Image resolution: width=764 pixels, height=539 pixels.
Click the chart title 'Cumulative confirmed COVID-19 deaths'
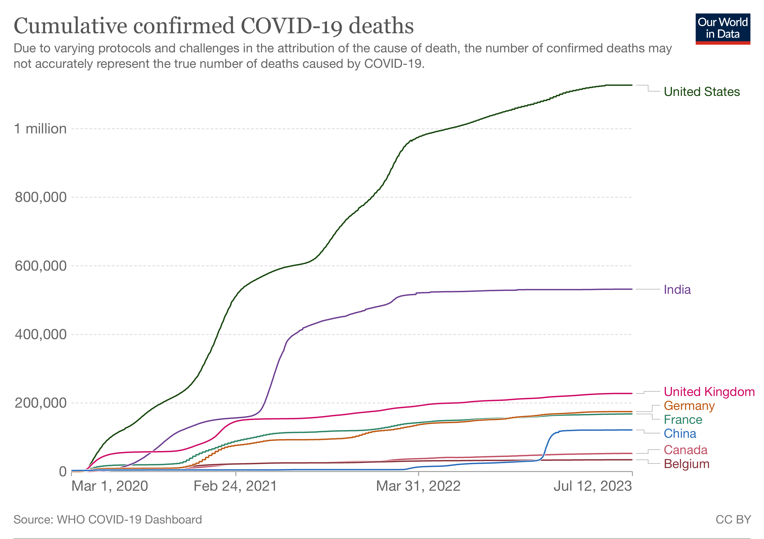(214, 26)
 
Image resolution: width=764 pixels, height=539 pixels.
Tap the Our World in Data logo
(722, 29)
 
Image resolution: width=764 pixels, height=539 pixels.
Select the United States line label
(702, 92)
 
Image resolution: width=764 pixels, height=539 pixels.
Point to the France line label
(683, 420)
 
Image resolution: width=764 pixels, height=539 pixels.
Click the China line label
(680, 434)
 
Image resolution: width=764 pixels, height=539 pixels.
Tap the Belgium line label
(686, 464)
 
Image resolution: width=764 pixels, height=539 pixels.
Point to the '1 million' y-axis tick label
(40, 129)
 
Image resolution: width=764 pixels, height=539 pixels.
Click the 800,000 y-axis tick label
(41, 197)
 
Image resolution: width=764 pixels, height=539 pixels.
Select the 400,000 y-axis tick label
(41, 334)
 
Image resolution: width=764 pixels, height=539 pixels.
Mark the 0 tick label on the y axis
(62, 471)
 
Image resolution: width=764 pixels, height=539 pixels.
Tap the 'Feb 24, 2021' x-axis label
(235, 486)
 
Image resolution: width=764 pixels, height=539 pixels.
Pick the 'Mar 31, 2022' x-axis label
(418, 486)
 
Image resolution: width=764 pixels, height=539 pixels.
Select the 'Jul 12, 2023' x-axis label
(592, 486)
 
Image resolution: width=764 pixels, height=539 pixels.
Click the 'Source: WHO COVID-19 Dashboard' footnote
(107, 519)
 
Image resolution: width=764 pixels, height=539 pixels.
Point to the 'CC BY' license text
(733, 519)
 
